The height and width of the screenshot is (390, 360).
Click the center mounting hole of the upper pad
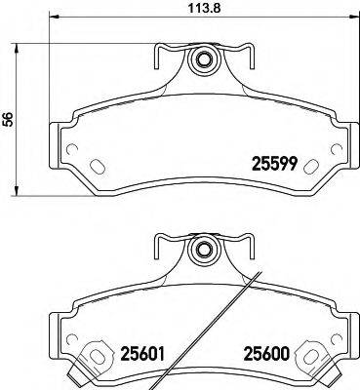[203, 61]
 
